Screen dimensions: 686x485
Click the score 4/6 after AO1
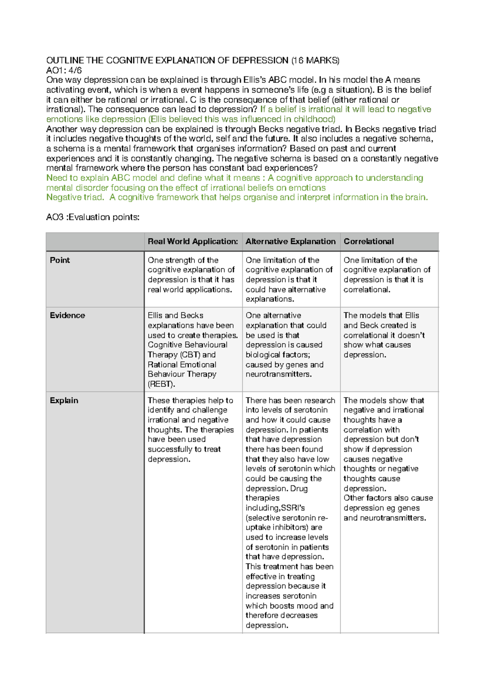75,70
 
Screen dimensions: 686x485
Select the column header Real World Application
192,241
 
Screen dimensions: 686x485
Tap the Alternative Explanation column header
290,241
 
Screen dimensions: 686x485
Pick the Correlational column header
369,241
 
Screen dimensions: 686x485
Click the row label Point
60,260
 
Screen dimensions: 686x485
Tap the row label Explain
64,400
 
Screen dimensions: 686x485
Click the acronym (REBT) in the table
161,384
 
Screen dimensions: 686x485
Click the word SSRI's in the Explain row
293,508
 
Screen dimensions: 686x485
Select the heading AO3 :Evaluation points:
93,217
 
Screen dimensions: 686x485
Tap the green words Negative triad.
75,197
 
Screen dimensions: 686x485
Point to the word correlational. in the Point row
367,290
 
